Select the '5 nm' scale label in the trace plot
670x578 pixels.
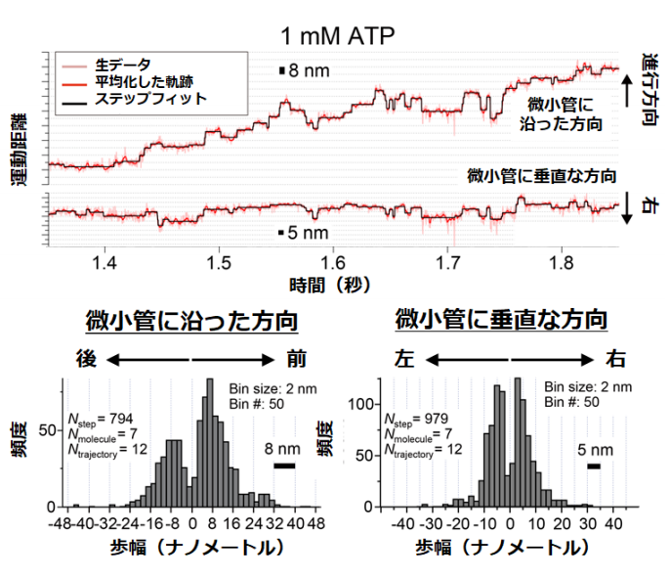[x=310, y=234]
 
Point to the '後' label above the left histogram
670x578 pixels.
[x=84, y=356]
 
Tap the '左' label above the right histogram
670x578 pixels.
[x=403, y=357]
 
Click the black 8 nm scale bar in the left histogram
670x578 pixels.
[x=284, y=466]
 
